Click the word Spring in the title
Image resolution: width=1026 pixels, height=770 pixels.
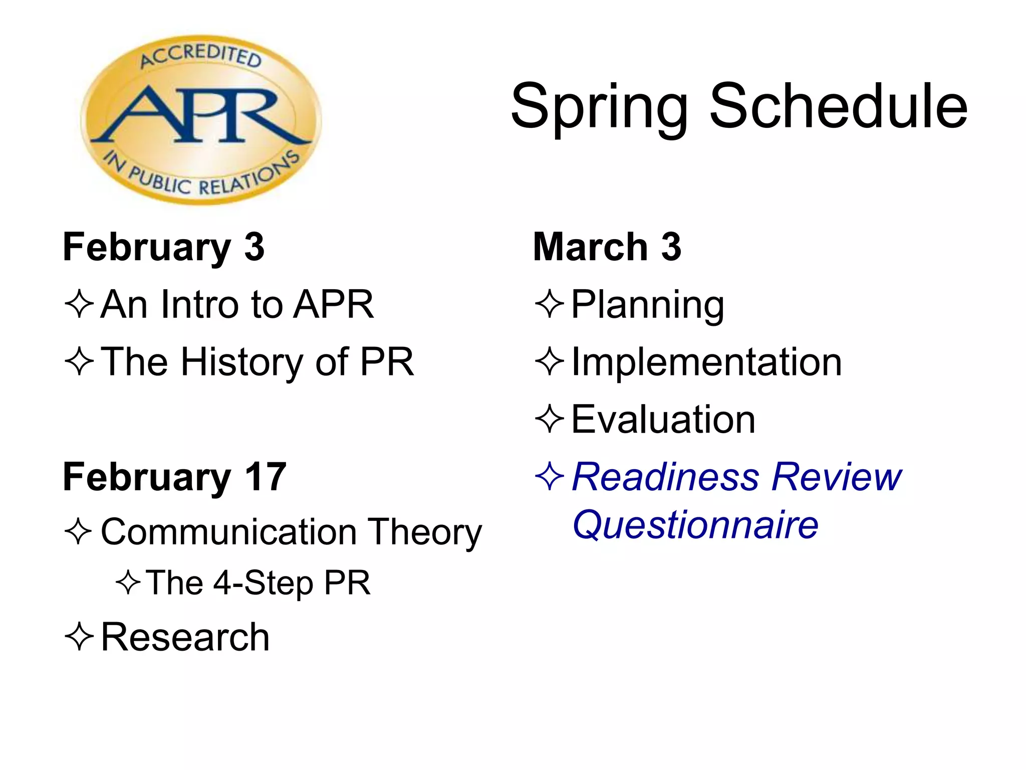point(599,108)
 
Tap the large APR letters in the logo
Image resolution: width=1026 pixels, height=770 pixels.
point(200,116)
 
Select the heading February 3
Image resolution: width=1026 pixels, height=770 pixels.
point(163,247)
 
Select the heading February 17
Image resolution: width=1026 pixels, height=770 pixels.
point(174,477)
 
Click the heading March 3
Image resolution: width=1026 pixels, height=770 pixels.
point(607,247)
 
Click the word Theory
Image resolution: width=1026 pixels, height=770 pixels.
point(425,532)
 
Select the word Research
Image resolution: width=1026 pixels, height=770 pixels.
point(185,637)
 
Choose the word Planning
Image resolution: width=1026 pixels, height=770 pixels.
point(647,304)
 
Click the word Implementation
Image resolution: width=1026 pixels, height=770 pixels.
point(706,362)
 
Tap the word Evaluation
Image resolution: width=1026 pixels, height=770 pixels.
point(663,420)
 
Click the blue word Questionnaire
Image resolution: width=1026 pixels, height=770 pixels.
point(695,525)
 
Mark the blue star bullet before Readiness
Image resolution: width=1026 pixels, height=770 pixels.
point(550,476)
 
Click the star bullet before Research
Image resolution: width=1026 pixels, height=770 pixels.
point(79,637)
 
